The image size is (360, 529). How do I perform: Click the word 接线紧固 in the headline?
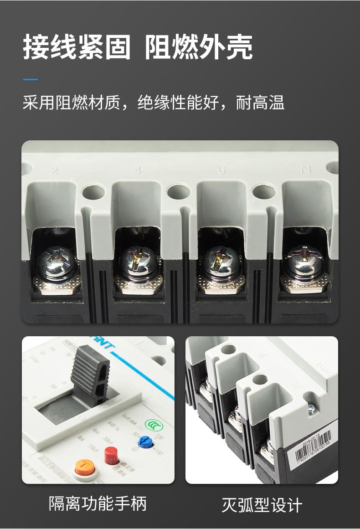coord(77,47)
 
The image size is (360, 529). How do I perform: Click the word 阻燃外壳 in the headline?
coord(199,47)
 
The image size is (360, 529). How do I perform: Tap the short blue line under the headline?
coord(31,80)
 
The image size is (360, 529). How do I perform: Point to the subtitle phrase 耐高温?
coord(260,103)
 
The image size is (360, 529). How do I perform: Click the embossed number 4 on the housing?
coord(138,171)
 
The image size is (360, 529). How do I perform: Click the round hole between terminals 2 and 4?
coord(93,192)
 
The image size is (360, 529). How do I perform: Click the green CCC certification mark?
coord(152,424)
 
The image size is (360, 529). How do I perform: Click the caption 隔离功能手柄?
coord(98,504)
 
